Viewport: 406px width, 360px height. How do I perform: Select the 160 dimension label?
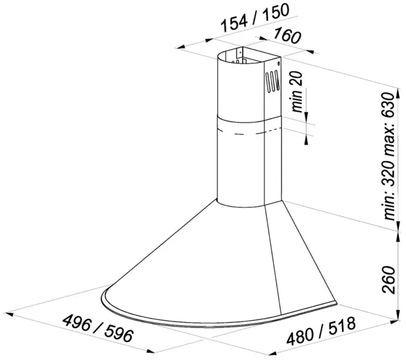tap(287, 35)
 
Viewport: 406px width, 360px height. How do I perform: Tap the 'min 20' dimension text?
tap(297, 91)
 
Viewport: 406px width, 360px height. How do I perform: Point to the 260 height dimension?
tap(389, 279)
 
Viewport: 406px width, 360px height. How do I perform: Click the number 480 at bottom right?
tap(300, 337)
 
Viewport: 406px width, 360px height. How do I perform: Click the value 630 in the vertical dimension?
tap(389, 106)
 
